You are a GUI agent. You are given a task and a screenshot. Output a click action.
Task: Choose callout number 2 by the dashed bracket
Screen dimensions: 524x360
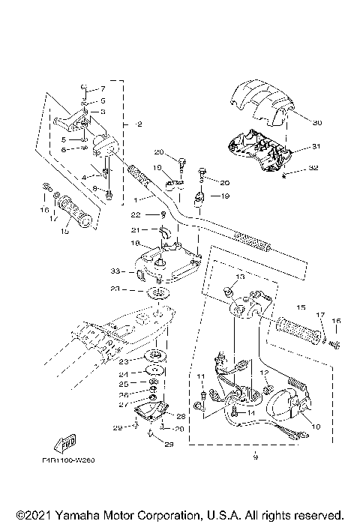[x=129, y=123]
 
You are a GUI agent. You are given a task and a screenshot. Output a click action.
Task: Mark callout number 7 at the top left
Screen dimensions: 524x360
[x=103, y=88]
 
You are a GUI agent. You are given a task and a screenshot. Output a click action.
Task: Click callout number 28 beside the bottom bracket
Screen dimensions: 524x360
[x=181, y=415]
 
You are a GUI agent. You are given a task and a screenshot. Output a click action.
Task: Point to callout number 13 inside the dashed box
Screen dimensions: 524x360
[x=240, y=277]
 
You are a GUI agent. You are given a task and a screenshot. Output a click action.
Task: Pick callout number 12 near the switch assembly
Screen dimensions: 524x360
[x=263, y=373]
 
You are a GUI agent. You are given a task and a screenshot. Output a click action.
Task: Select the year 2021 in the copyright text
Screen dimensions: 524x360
[x=30, y=516]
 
